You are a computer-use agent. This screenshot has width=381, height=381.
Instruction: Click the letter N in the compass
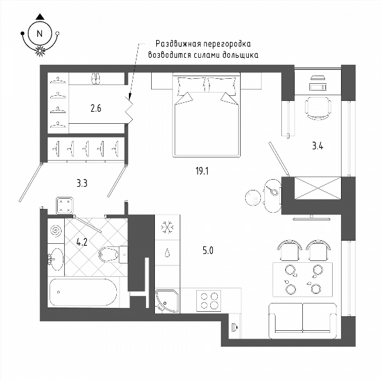click(39, 33)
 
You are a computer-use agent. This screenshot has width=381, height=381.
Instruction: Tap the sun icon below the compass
click(40, 51)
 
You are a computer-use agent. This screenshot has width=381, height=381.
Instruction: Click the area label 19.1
click(202, 171)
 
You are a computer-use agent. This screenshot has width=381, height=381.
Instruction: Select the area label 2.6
click(96, 108)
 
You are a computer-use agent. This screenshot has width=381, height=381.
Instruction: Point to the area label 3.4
click(317, 146)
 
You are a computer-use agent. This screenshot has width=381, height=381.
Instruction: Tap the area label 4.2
click(82, 243)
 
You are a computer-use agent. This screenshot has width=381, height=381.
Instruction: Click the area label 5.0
click(208, 250)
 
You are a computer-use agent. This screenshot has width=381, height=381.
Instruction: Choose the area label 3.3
click(82, 184)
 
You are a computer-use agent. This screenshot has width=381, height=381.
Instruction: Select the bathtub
click(83, 292)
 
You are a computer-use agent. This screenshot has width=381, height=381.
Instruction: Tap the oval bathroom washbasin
click(56, 259)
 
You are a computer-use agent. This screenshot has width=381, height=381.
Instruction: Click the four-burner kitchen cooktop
click(209, 301)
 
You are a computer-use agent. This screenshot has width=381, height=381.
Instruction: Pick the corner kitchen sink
click(167, 300)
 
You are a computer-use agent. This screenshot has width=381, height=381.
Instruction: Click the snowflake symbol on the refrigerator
click(168, 227)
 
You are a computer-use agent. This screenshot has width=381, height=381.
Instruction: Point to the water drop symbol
click(167, 253)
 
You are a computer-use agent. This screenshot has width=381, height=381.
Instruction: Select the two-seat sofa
click(303, 321)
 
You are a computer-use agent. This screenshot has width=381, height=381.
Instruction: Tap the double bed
click(206, 115)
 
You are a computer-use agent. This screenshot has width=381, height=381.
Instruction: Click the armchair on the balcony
click(318, 108)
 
